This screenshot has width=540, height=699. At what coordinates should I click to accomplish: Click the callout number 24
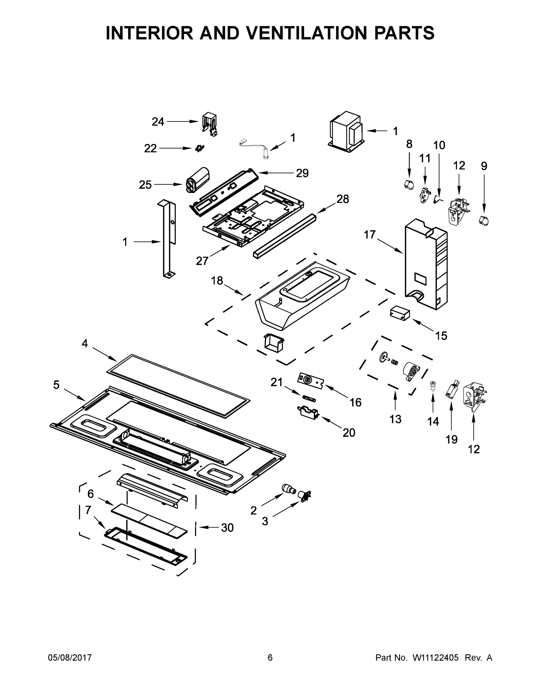coord(158,122)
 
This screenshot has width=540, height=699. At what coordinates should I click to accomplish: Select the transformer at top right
coord(347,132)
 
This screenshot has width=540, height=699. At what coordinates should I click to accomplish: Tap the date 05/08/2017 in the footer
coord(70,657)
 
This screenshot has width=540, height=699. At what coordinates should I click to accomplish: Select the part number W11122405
coord(435,657)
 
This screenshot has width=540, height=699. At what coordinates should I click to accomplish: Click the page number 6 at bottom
coord(270,657)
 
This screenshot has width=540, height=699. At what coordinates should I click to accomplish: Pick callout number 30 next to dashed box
coord(227,527)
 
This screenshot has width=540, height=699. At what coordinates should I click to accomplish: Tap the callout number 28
coord(343,199)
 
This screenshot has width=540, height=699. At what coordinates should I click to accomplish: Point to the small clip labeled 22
coord(200,148)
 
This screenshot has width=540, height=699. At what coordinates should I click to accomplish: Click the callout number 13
coord(395,419)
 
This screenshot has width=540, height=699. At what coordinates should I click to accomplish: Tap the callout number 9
coord(484,166)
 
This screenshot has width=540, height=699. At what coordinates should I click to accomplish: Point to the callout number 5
coord(56,385)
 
